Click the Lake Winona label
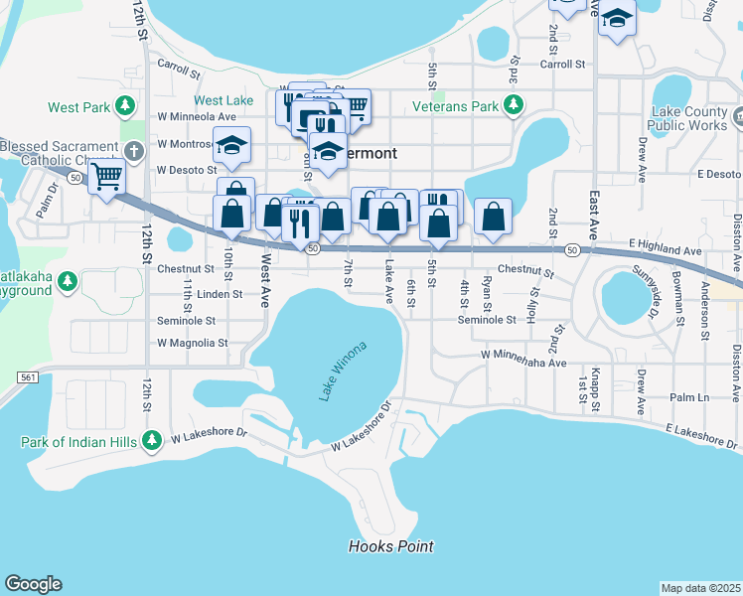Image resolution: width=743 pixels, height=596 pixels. coord(343,371)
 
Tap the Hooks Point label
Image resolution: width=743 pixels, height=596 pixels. coord(390,546)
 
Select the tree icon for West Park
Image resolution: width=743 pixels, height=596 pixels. coord(125,105)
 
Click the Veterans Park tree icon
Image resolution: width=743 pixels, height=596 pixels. coord(514,105)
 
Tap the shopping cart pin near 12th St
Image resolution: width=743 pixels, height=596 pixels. coord(106,178)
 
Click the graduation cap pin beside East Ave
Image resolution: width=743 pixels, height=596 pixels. coord(617,20)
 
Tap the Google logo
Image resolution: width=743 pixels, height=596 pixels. coord(33,584)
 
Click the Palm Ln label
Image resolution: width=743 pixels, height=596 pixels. coord(686,397)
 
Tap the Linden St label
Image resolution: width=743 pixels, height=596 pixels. coord(221,294)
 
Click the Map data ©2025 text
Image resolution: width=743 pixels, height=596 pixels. coord(700,588)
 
